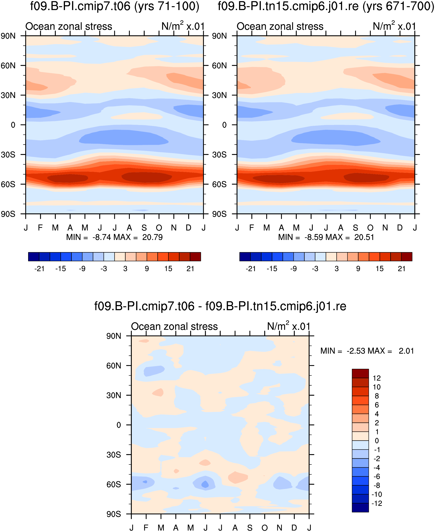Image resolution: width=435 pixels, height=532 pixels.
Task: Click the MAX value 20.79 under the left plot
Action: click(x=152, y=237)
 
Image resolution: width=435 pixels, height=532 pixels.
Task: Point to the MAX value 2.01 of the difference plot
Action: click(x=406, y=351)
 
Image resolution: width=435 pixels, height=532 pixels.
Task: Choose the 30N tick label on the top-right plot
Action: click(x=219, y=96)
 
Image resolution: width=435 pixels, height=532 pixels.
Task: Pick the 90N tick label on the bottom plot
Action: click(x=114, y=336)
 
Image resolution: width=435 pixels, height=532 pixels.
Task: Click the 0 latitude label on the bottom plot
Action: click(x=119, y=425)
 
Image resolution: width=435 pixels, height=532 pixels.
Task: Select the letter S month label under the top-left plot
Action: click(x=144, y=228)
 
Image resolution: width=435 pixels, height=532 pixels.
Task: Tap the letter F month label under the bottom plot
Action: click(x=146, y=528)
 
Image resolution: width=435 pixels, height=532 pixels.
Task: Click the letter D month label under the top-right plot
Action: click(x=400, y=228)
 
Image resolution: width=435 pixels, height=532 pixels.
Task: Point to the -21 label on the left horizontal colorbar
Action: click(x=39, y=269)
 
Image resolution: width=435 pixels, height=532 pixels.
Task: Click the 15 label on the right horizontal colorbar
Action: click(x=380, y=269)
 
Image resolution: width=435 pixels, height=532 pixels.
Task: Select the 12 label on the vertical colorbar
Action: click(x=377, y=378)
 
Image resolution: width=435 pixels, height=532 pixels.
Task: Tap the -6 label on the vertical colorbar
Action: click(x=377, y=477)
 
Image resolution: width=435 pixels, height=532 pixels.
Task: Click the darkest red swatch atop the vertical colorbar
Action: click(x=360, y=373)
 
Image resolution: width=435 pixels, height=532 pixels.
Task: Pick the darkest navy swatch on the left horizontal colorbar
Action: click(x=34, y=257)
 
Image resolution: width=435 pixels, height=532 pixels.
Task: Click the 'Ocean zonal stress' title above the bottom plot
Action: click(x=174, y=327)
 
